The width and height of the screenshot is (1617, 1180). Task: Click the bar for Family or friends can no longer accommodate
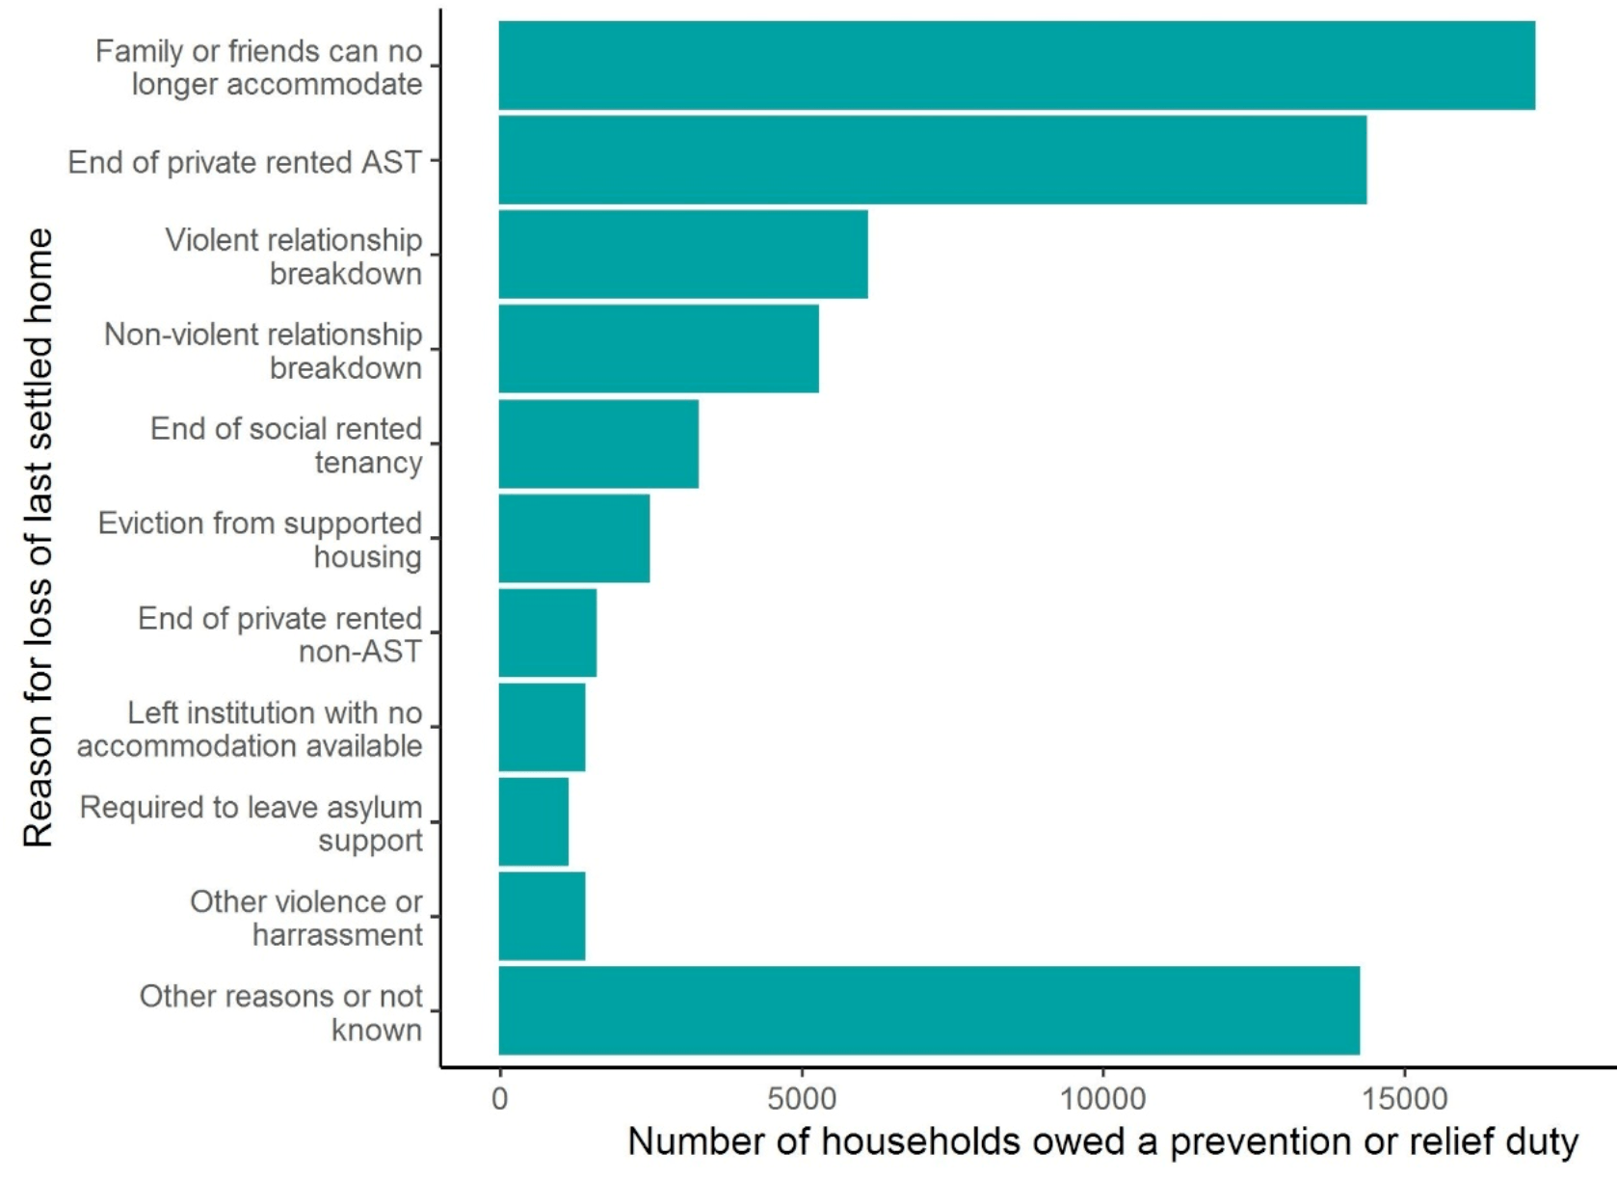coord(1017,66)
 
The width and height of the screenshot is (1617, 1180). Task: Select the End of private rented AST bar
coord(932,160)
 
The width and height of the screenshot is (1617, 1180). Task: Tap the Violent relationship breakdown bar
coord(683,255)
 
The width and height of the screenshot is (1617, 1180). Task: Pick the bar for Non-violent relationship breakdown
coord(658,349)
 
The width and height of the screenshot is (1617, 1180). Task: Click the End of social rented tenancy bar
coord(598,443)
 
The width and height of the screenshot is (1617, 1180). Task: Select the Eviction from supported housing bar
coord(574,538)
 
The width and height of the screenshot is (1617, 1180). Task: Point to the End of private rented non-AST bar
coord(547,632)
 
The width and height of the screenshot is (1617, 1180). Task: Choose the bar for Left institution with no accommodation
coord(542,727)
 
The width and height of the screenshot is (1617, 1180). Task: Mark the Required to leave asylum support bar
coord(534,821)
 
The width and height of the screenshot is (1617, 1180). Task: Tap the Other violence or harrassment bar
coord(542,916)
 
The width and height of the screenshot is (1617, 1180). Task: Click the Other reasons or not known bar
coord(929,1010)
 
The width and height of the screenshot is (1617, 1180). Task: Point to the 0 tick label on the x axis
coord(499,1098)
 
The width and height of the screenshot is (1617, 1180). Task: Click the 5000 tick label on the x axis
coord(801,1098)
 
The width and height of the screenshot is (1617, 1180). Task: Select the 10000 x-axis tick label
coord(1102,1098)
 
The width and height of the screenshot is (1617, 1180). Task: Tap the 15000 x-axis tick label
coord(1403,1098)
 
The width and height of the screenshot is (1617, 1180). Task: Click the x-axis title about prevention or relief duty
coord(1102,1142)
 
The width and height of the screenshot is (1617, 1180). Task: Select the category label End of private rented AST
coord(245,162)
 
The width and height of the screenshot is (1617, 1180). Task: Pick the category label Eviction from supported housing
coord(260,540)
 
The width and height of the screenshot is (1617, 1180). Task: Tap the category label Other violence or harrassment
coord(306,918)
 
